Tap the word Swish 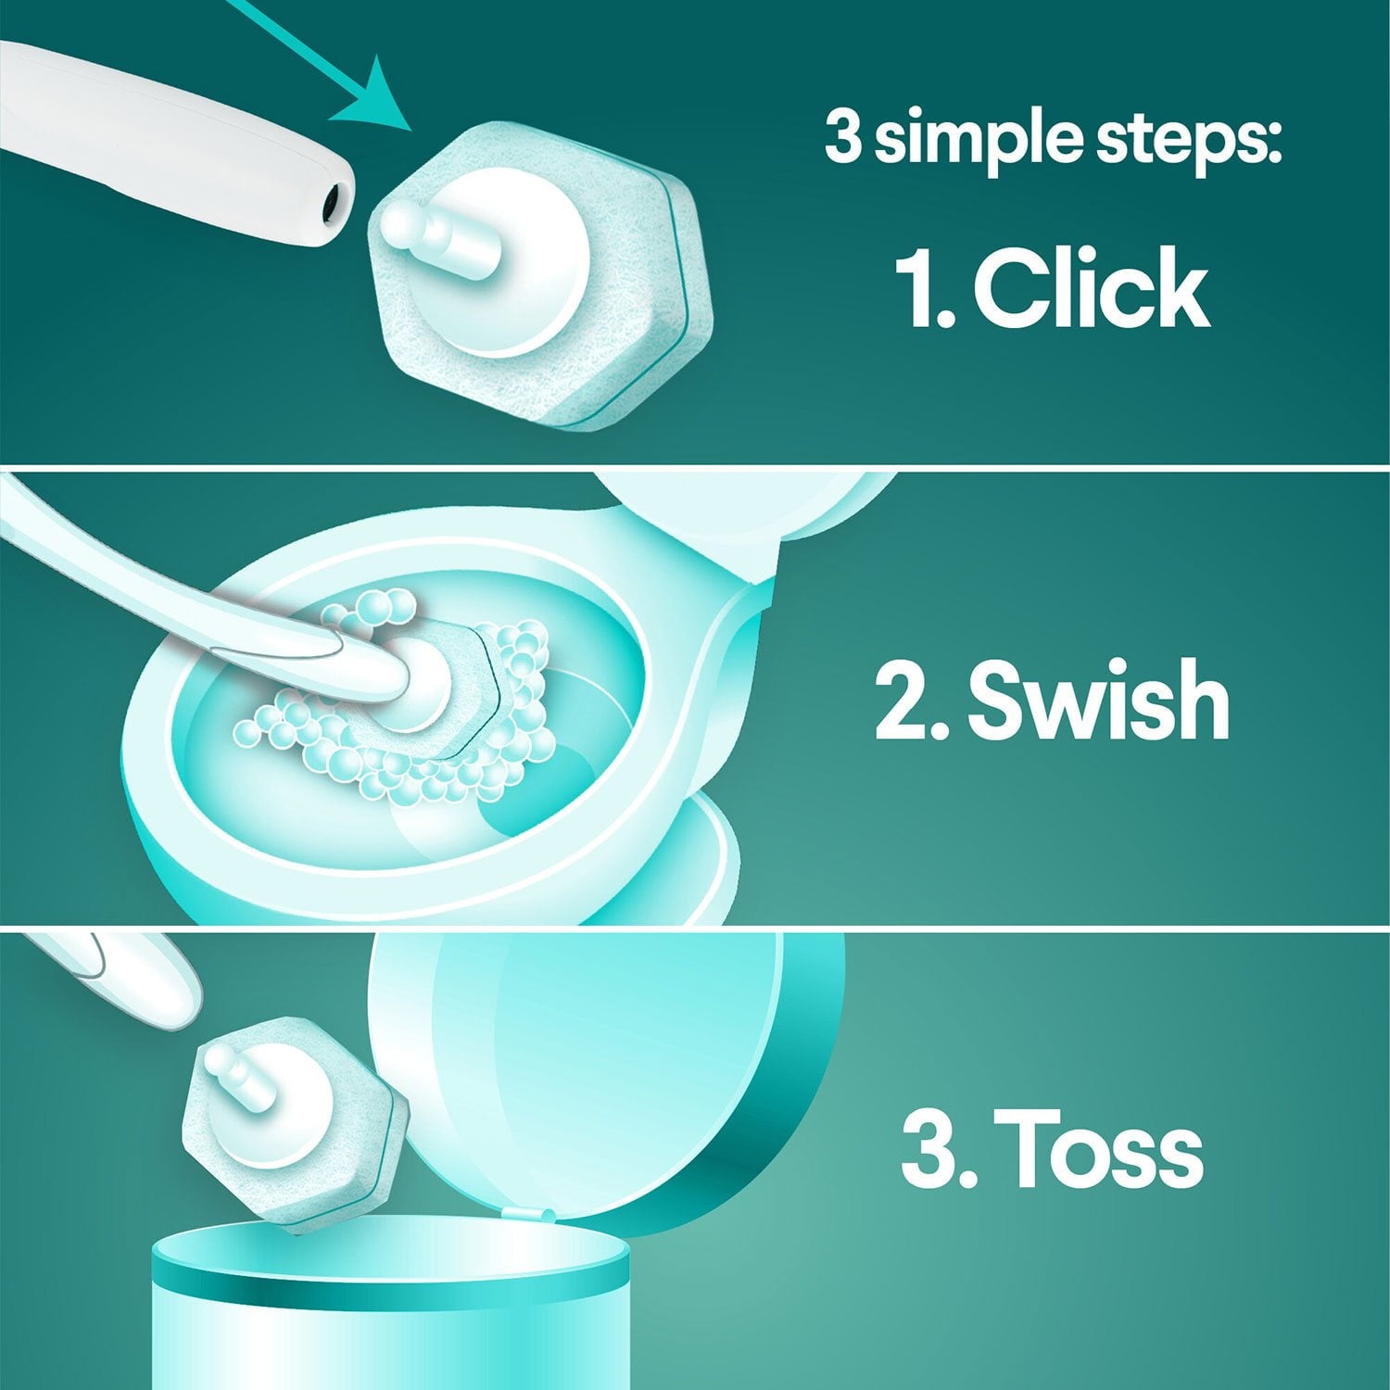[1098, 700]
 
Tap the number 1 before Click [923, 287]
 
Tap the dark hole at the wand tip [331, 198]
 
